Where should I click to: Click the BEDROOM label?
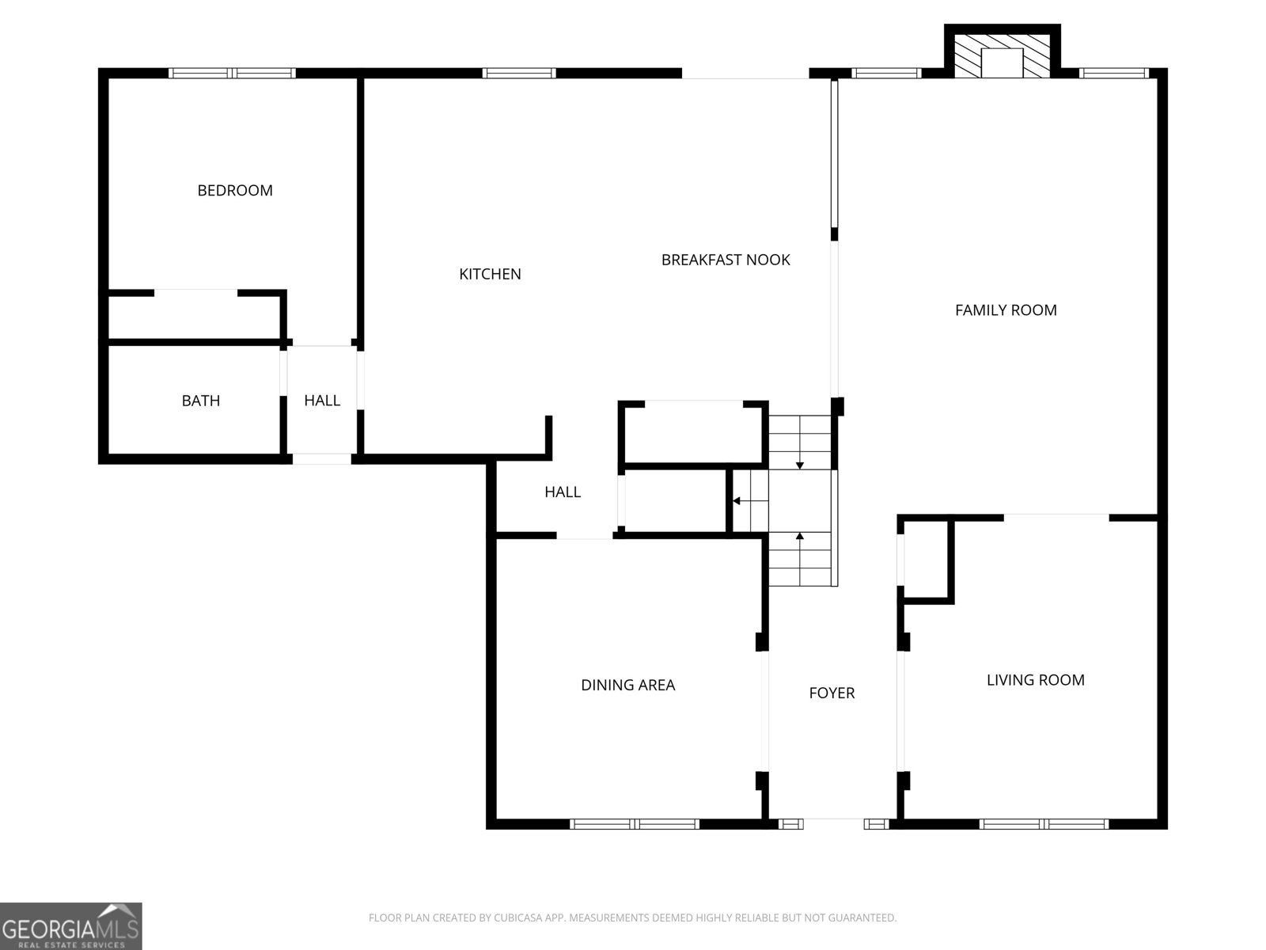point(235,190)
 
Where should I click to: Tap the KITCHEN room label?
point(490,274)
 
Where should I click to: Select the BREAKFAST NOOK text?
point(726,260)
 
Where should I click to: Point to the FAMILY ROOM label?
point(1006,310)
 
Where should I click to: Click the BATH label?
point(201,401)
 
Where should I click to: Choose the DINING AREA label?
point(627,685)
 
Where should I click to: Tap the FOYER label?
point(832,693)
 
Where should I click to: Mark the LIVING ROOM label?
point(1035,679)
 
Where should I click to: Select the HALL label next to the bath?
point(322,401)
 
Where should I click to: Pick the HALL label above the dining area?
point(563,492)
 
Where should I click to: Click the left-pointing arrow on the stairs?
point(737,501)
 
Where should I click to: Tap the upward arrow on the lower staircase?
point(800,537)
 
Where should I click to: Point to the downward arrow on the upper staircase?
point(800,465)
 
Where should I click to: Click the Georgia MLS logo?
point(70,925)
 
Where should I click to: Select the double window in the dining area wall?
point(635,824)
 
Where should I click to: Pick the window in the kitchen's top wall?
point(519,74)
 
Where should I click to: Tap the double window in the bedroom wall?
point(232,74)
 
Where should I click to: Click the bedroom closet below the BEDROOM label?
point(194,317)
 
